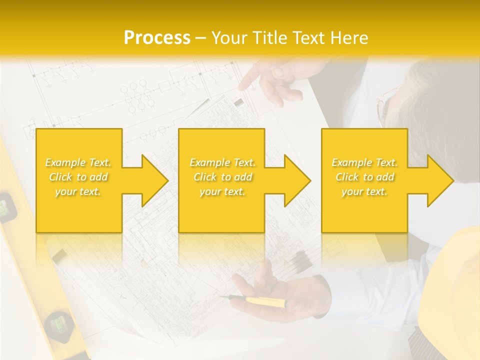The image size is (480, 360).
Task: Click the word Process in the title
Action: click(x=157, y=37)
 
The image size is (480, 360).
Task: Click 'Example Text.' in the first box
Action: click(x=78, y=162)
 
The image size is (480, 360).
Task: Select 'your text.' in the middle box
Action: click(x=222, y=191)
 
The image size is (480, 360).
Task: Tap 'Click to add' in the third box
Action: click(x=364, y=177)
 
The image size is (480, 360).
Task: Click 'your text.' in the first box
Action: click(x=78, y=191)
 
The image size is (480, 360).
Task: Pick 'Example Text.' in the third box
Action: click(x=364, y=162)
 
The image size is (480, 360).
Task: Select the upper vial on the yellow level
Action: click(x=6, y=205)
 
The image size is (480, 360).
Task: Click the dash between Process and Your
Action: click(x=201, y=38)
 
